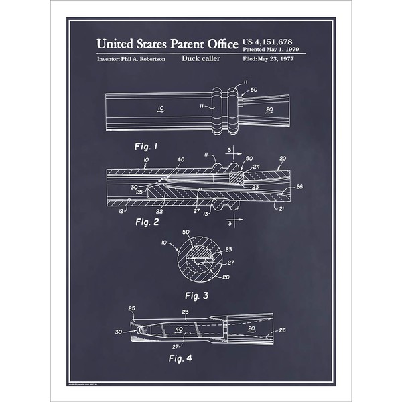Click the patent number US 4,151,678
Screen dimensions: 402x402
coord(273,42)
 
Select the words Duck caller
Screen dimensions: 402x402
coord(199,59)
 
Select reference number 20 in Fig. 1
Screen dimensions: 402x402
coord(269,109)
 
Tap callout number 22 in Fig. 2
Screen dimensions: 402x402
coord(159,210)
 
